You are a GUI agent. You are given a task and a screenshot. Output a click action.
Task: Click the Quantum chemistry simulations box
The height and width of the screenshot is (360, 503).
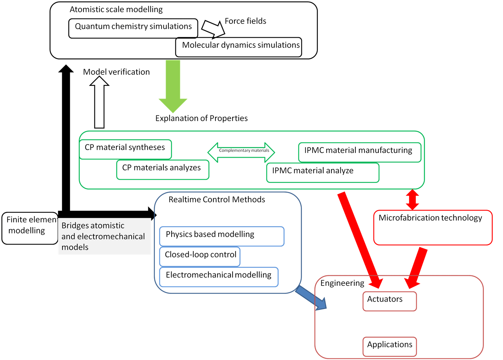click(133, 28)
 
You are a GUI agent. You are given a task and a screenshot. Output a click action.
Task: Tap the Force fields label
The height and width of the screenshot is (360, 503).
click(245, 21)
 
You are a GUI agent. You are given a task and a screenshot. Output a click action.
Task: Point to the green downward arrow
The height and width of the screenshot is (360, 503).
click(173, 86)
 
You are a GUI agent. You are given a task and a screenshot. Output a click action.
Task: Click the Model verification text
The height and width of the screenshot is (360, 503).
click(116, 72)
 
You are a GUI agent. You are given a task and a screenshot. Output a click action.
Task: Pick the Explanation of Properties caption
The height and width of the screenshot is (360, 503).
click(202, 118)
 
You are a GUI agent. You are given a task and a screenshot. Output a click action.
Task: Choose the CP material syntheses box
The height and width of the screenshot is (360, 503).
click(125, 149)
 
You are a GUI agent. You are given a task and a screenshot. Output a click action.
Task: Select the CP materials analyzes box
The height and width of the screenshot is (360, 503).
click(163, 170)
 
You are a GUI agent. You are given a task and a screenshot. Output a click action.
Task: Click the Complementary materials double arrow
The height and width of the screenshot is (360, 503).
click(241, 152)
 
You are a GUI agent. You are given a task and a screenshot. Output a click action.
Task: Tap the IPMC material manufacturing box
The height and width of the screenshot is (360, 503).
click(360, 152)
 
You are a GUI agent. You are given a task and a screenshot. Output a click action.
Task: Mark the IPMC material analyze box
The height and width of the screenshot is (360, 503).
click(322, 173)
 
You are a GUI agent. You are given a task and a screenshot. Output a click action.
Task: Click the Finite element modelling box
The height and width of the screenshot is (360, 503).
click(30, 228)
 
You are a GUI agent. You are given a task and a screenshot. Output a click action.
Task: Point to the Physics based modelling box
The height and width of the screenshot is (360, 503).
click(222, 236)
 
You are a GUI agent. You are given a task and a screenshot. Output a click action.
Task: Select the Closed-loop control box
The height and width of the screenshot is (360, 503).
click(200, 256)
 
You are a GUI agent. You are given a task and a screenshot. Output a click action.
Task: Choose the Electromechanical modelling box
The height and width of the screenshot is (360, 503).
click(219, 277)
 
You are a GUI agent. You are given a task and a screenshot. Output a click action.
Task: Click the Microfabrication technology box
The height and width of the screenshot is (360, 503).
click(433, 227)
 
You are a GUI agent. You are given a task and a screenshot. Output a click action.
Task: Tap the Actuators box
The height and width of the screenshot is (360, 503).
click(390, 301)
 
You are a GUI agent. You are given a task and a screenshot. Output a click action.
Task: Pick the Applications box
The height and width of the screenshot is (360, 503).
click(390, 346)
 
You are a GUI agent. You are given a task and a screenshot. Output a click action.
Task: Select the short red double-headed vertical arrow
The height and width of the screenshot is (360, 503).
click(412, 200)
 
